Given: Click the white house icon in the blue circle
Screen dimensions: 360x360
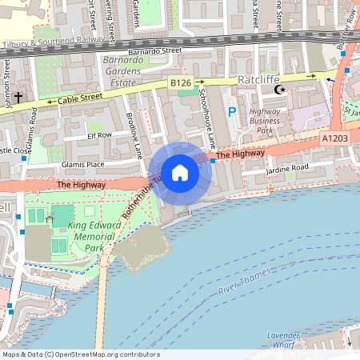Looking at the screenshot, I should (180, 172).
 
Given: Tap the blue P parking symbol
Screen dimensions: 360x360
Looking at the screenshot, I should (232, 112).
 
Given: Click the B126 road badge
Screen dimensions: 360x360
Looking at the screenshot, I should (180, 82).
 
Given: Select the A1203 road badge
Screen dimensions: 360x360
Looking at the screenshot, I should (336, 138).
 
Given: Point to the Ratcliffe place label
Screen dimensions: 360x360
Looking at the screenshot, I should (258, 80).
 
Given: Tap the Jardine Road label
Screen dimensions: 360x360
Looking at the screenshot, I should (290, 167).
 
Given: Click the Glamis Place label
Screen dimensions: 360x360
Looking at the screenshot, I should (83, 164).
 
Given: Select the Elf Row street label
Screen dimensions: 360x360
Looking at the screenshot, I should (99, 135).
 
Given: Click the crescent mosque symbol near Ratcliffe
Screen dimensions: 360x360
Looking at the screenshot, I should (279, 90).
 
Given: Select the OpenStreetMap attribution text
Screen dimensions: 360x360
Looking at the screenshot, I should (80, 354).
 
